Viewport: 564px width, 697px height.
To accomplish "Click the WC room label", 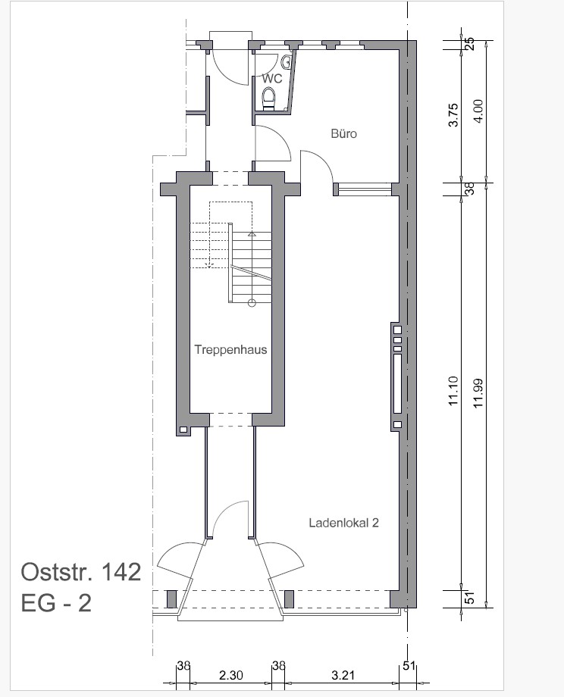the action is click(272, 79).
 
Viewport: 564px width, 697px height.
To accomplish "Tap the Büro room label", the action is click(344, 133).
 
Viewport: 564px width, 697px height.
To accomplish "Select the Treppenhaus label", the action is click(230, 349).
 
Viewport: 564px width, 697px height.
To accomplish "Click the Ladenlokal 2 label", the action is click(344, 523).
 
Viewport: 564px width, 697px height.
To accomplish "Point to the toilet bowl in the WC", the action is click(268, 98).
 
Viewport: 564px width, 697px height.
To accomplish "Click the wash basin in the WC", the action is click(287, 61).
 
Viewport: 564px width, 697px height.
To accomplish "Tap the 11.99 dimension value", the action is click(479, 393).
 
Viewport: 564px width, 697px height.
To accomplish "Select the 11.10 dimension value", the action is click(453, 391).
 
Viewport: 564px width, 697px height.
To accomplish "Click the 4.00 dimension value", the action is click(479, 111).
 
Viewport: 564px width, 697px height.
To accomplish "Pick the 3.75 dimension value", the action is click(453, 115).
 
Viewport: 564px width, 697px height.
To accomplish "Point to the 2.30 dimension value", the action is click(231, 676).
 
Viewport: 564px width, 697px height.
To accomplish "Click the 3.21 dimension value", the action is click(343, 676).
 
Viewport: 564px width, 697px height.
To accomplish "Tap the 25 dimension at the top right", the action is click(470, 44).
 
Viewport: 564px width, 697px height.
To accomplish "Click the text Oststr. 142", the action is click(81, 572).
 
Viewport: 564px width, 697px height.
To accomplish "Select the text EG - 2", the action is click(56, 603).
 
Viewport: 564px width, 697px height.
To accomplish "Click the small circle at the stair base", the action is click(252, 303).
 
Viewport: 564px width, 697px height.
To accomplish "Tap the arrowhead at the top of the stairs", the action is click(252, 233).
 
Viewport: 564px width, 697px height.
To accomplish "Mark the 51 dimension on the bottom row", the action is click(409, 666).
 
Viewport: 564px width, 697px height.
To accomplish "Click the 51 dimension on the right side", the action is click(470, 599).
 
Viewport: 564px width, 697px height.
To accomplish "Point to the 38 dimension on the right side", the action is click(470, 189).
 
